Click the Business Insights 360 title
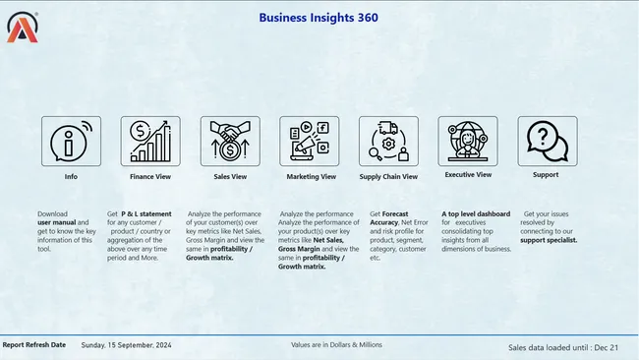(318, 17)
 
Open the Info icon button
(71, 141)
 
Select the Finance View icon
(150, 141)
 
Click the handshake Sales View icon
(230, 141)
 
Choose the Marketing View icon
(310, 141)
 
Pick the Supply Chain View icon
(388, 141)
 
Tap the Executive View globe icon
(468, 141)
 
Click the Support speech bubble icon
(548, 141)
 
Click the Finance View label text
(150, 177)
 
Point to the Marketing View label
(311, 177)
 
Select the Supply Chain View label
(388, 177)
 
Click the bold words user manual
(57, 223)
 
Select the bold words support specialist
(549, 240)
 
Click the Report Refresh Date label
(34, 345)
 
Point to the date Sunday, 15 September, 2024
(126, 345)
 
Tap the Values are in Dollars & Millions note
(337, 345)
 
